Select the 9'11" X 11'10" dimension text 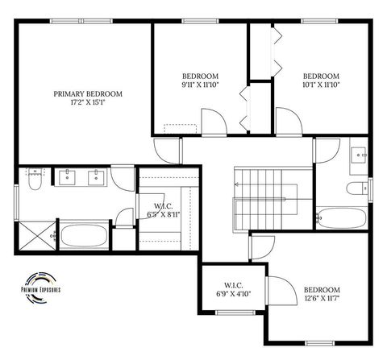(x=199, y=84)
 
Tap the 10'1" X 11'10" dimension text (x=320, y=84)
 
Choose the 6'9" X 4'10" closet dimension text (x=233, y=293)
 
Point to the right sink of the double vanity (x=98, y=176)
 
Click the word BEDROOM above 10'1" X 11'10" (x=320, y=75)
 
